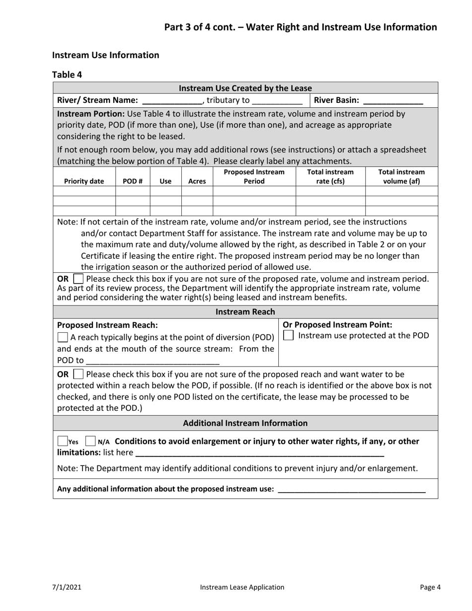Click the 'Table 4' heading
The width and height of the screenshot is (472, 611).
coord(67,75)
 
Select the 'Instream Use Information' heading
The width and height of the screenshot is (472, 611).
coord(105,55)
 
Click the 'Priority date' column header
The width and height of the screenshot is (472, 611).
coord(84,181)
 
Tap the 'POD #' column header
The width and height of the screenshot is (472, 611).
coord(133,181)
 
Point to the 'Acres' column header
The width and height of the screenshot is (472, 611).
coord(197,181)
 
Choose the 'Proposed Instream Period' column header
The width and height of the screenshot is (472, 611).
coord(254,176)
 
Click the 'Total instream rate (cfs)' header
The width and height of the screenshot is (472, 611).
coord(330,176)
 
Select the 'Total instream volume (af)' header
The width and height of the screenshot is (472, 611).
coord(401,176)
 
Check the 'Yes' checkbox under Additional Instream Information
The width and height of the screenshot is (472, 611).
coord(63,441)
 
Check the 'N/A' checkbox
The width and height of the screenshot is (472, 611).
coord(90,441)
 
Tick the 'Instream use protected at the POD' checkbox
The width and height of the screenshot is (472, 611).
coord(288,336)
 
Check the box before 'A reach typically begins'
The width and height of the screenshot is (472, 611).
coord(63,337)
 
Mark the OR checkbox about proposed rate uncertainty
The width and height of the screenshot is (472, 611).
coord(79,279)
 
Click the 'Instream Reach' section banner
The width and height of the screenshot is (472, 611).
coord(245,312)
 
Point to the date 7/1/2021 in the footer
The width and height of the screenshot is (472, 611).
coord(67,587)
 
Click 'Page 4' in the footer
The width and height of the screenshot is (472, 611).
coord(430,587)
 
